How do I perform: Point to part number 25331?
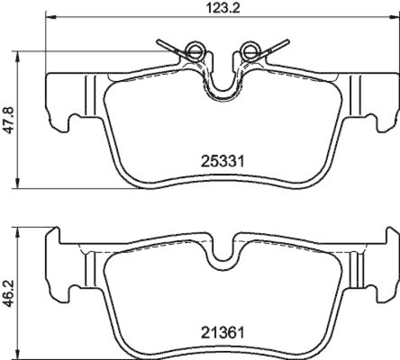pos(222,161)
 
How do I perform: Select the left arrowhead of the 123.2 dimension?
pos(49,17)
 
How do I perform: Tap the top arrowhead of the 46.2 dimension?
pos(18,231)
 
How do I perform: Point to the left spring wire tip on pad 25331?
pos(159,41)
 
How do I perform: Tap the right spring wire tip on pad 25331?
pos(287,41)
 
